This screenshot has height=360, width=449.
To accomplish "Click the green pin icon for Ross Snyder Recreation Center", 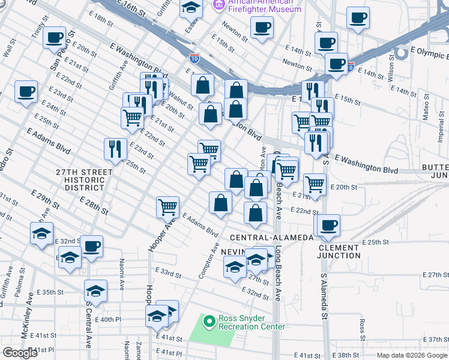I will pos(209,322).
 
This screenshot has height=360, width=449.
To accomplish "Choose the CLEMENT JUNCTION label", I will pos(340,251).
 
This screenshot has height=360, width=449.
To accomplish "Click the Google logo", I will pos(20,353).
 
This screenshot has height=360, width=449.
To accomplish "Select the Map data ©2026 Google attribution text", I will pos(412,355).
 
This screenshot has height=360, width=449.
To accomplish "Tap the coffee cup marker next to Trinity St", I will pos(55,38).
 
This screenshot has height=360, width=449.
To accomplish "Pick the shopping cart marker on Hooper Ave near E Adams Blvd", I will pos(167,207).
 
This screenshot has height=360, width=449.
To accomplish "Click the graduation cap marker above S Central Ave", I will pos(95,292).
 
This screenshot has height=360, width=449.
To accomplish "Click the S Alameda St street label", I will pos(324,297).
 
